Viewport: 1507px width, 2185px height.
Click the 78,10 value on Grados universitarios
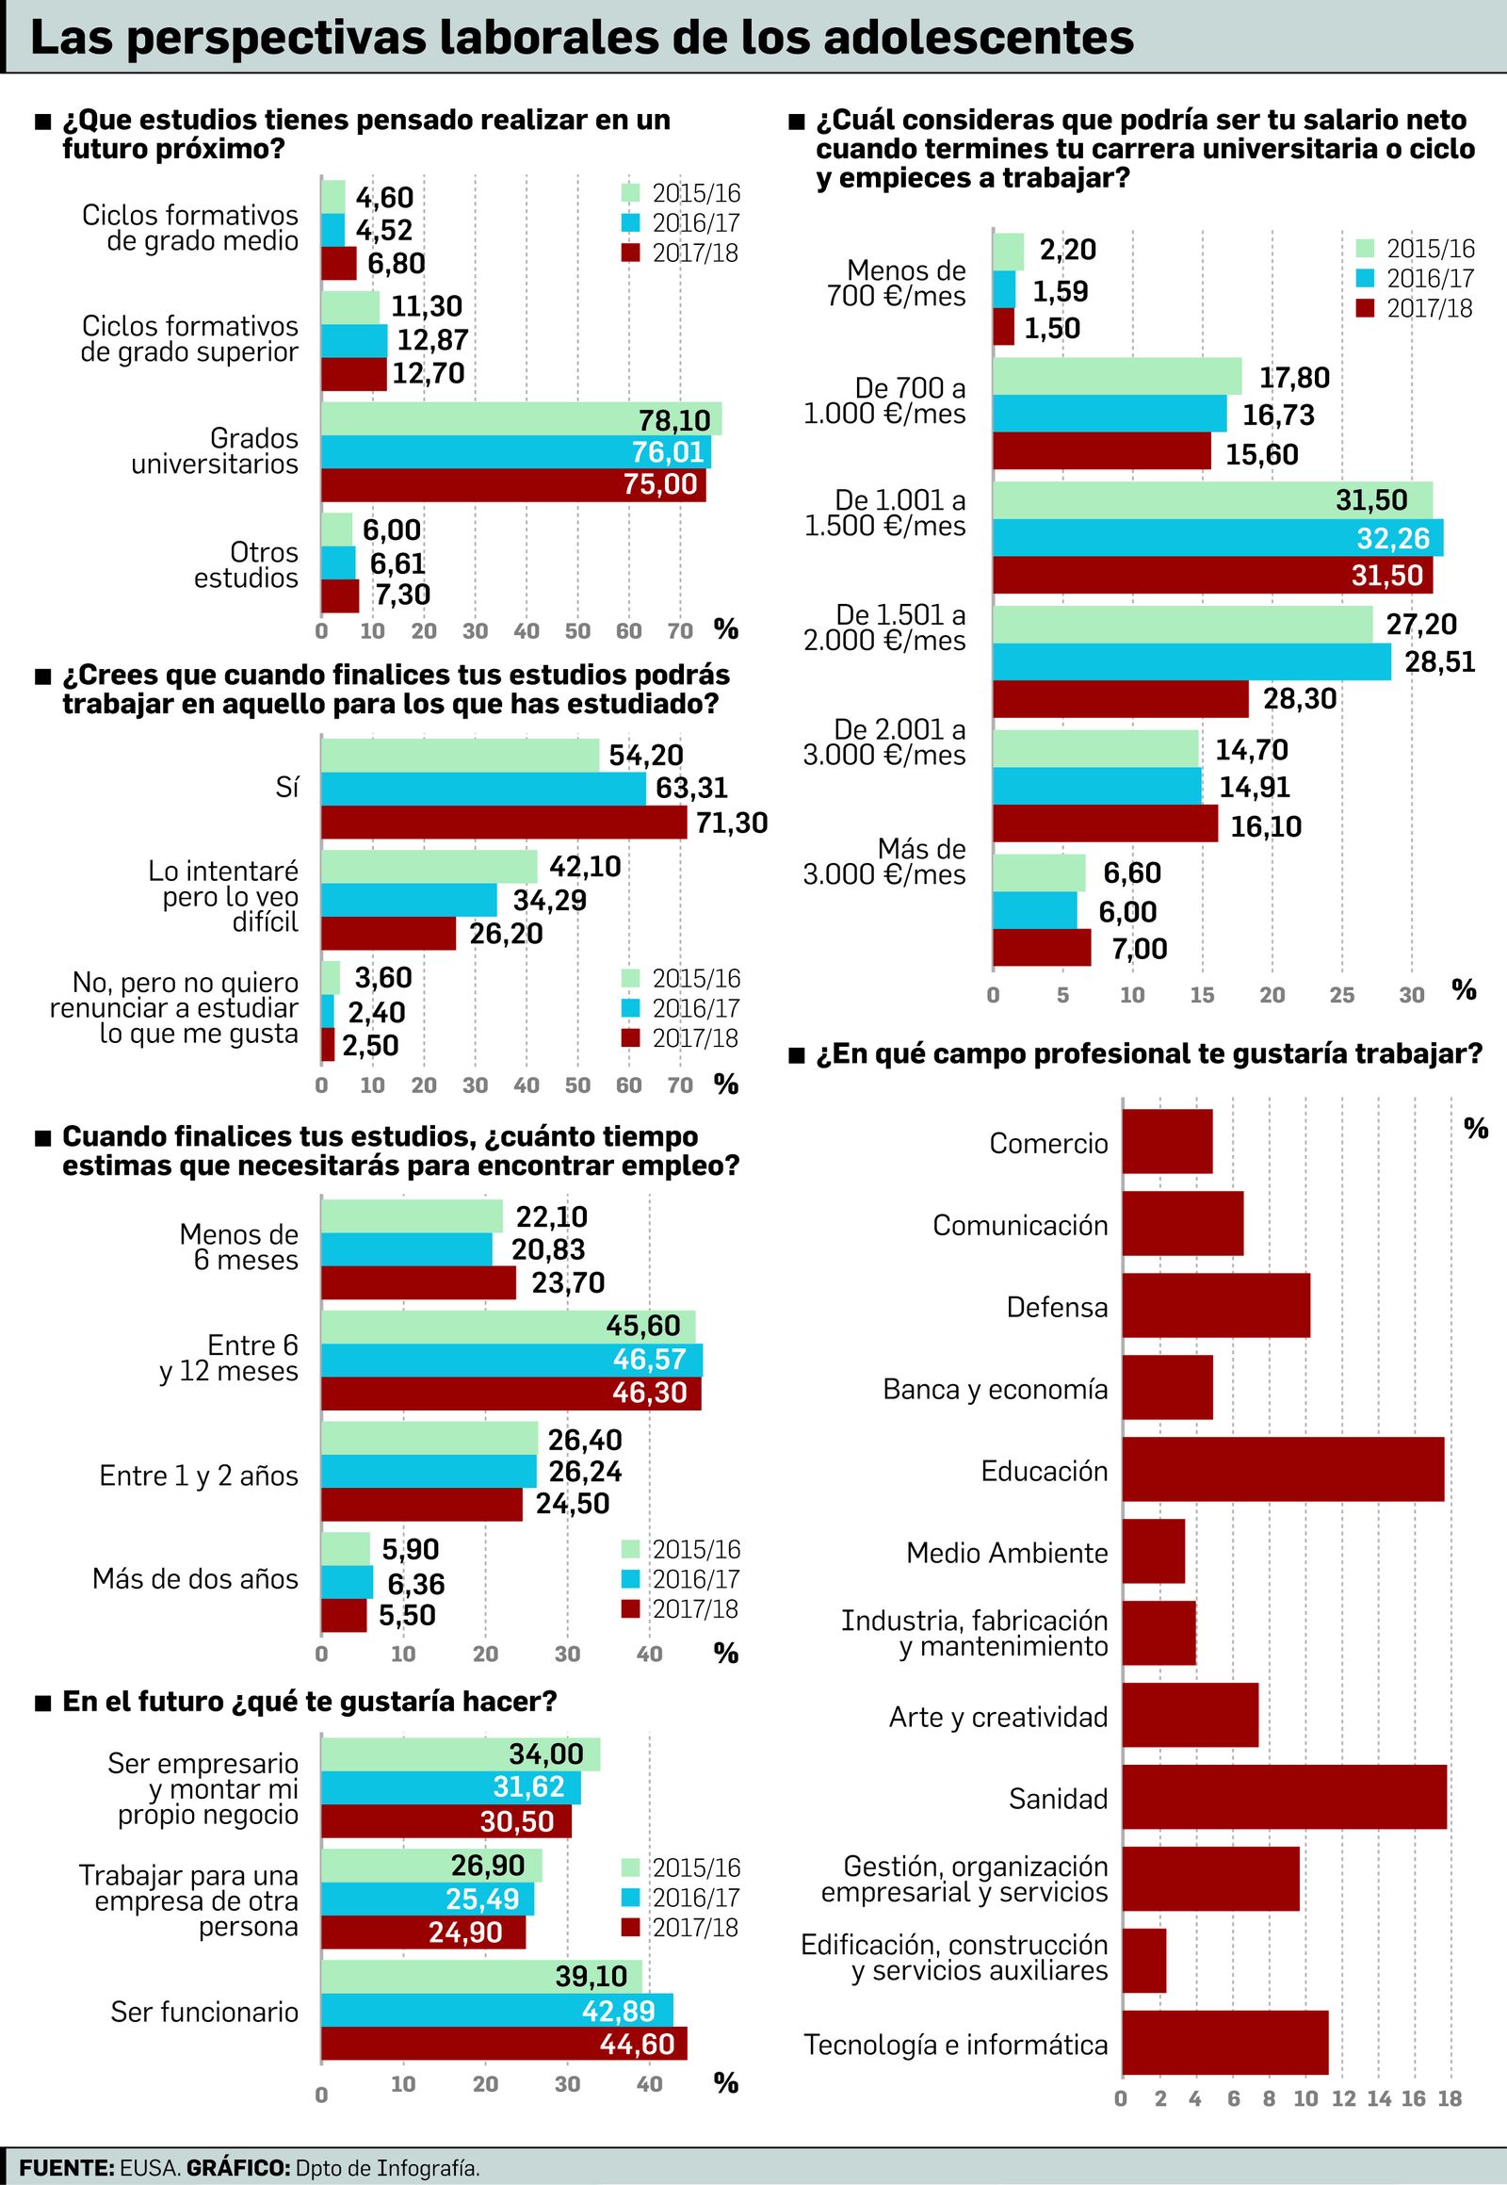673,419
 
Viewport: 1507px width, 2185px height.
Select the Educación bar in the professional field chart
1282,1469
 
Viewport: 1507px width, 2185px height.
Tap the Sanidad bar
1284,1797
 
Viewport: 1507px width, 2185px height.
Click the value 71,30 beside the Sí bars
731,823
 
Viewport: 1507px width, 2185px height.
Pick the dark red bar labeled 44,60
503,2044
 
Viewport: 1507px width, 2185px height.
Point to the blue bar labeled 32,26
1217,537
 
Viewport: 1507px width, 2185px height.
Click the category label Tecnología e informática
955,2045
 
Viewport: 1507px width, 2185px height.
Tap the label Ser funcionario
204,2012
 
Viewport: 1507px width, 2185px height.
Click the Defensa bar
1215,1306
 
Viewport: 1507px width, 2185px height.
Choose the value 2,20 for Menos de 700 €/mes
1067,250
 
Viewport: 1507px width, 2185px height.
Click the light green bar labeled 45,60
507,1327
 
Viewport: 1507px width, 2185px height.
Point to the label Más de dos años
195,1578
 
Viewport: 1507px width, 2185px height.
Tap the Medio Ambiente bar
1153,1551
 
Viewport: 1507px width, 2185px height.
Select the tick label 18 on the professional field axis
1449,2099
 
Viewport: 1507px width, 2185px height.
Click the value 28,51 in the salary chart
1439,661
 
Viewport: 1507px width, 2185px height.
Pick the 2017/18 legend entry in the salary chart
1415,308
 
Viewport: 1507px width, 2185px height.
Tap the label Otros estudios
246,565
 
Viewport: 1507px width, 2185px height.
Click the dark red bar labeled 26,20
388,934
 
